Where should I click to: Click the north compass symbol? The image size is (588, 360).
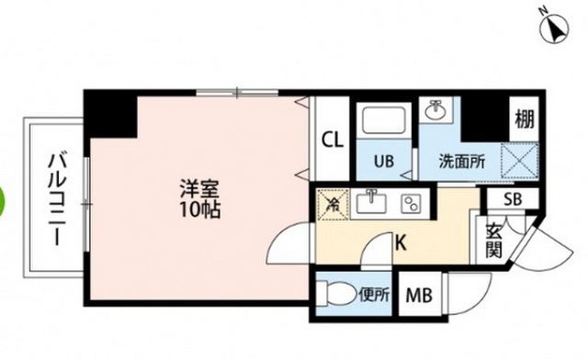click(556, 28)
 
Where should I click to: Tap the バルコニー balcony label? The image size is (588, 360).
click(52, 197)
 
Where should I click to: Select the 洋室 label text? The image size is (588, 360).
click(198, 189)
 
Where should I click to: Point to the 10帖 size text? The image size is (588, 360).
click(198, 208)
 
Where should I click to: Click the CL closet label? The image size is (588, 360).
click(332, 141)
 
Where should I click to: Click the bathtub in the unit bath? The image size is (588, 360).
click(385, 120)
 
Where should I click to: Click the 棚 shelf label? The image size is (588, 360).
click(525, 118)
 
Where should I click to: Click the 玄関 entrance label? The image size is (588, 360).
click(493, 240)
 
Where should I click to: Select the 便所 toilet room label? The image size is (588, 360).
click(374, 296)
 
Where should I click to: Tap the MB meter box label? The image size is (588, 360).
click(418, 297)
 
